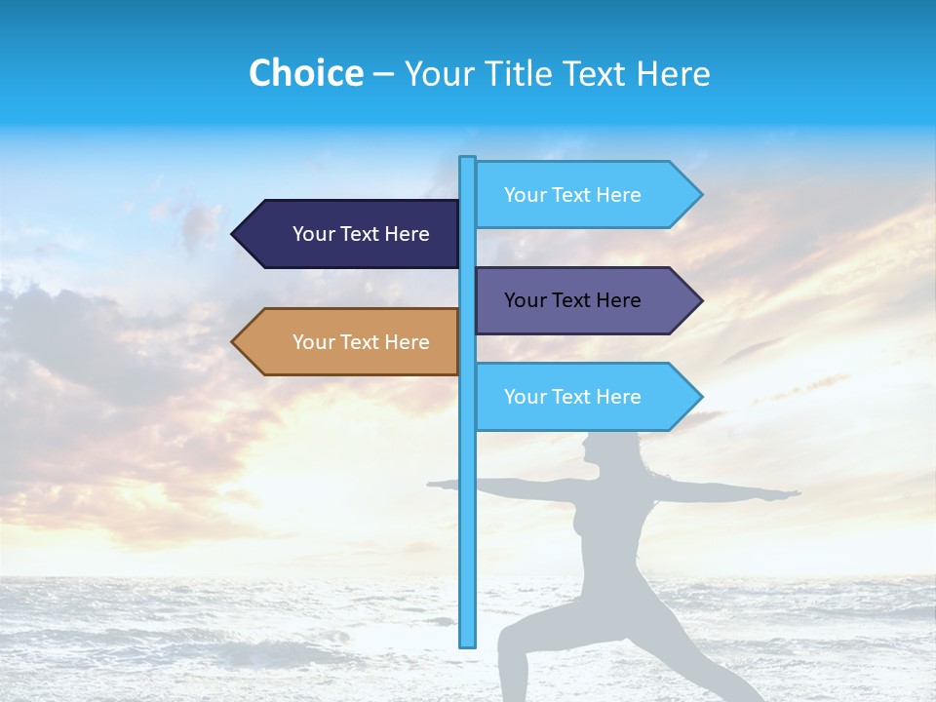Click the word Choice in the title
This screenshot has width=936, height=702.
tap(305, 73)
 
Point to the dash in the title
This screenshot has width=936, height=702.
tap(384, 74)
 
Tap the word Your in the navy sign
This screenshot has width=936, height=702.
tap(314, 234)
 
